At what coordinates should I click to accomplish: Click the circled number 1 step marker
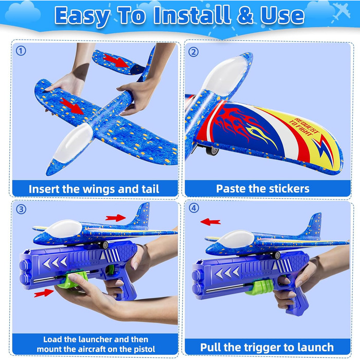pos(21,51)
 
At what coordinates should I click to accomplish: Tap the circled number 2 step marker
pos(193,52)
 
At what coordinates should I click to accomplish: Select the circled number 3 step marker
pos(21,209)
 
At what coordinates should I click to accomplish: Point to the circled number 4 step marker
pos(194,208)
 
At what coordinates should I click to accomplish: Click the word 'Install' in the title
pos(192,15)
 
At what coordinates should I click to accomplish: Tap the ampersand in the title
pos(245,15)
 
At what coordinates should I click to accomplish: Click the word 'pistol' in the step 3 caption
pos(145,349)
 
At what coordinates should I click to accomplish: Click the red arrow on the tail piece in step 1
pos(116,61)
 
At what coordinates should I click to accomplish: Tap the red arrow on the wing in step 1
pos(71,106)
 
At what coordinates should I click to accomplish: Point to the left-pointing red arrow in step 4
pos(210,222)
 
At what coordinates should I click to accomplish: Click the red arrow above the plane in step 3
pos(116,218)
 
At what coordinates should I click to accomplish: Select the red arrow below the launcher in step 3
pos(44,293)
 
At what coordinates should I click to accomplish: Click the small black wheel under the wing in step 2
pos(212,150)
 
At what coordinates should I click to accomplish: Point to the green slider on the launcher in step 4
pos(259,287)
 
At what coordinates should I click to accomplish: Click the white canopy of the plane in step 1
pos(73,143)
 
